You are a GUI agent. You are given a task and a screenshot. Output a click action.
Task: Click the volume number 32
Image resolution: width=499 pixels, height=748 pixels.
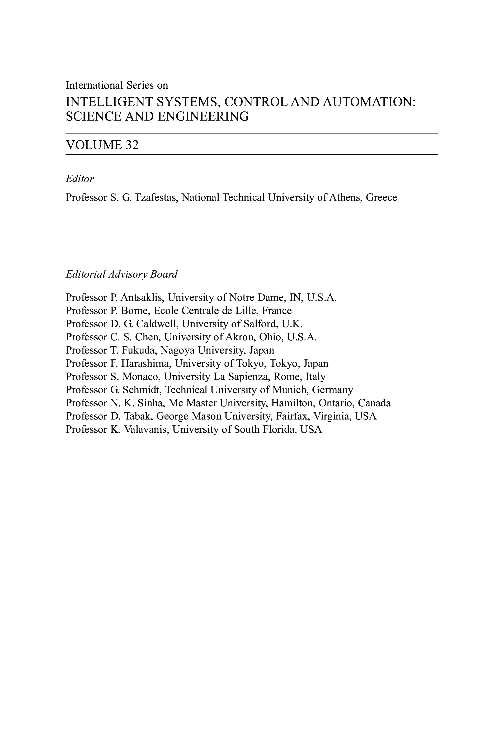click(x=132, y=145)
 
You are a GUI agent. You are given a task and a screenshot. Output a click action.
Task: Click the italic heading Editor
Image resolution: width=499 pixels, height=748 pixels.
click(x=79, y=179)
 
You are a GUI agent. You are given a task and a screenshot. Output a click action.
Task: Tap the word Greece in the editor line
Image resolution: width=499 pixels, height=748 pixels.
click(x=381, y=198)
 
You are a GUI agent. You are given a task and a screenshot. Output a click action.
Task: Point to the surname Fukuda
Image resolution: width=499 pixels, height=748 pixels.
click(x=139, y=350)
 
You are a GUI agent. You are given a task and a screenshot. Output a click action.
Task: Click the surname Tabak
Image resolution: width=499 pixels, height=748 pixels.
click(x=139, y=416)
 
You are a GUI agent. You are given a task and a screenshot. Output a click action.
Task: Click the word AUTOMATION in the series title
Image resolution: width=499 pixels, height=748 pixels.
click(x=369, y=102)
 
